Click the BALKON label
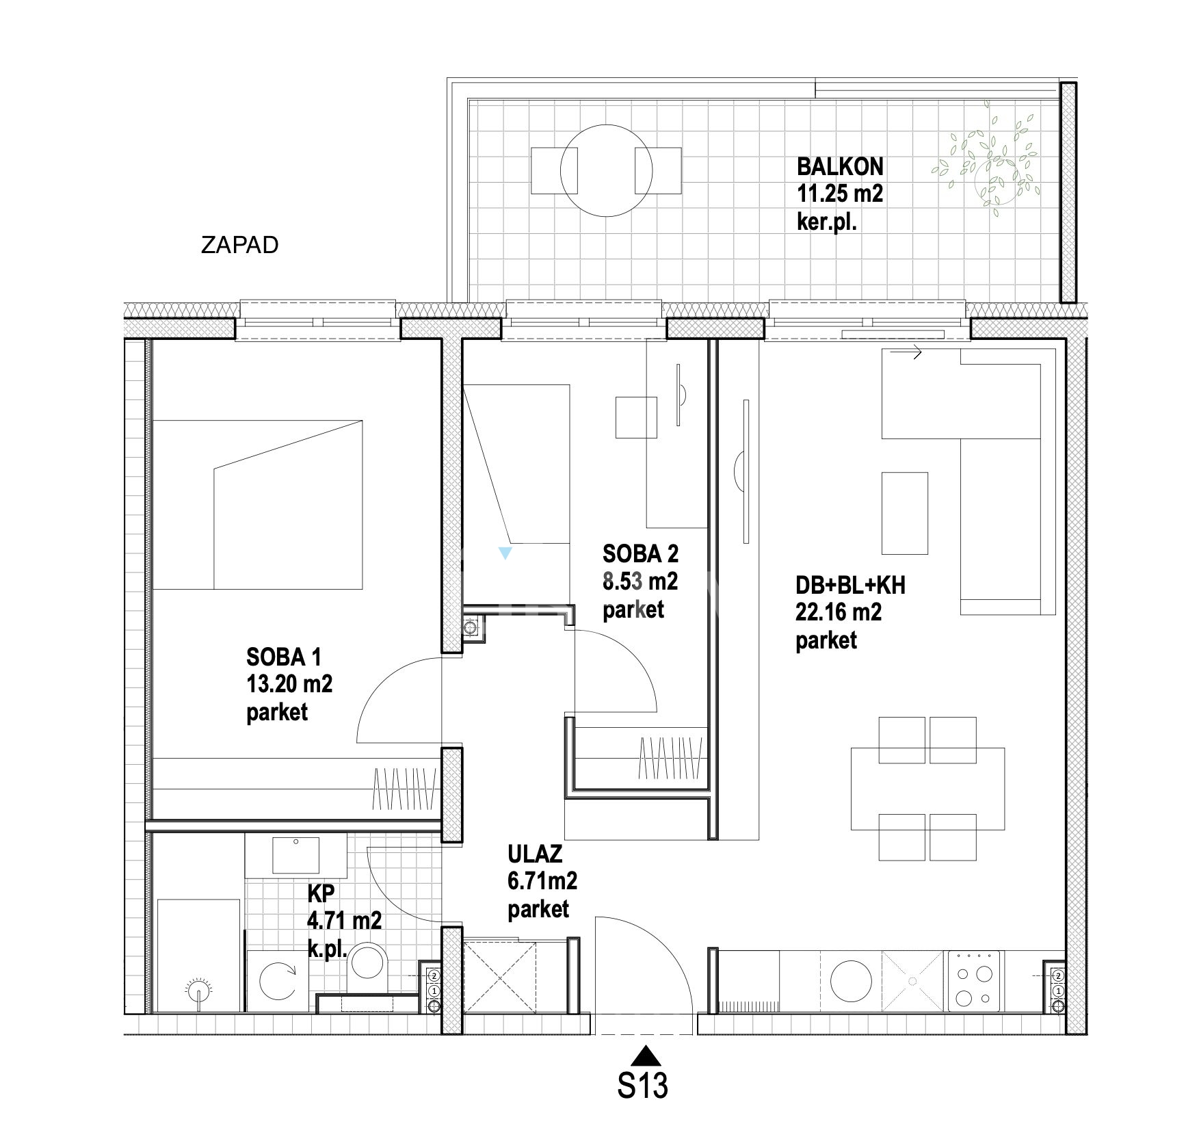pos(840,166)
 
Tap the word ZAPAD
pos(239,245)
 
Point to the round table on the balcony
pos(606,170)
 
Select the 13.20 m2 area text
pos(289,683)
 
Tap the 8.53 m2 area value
pos(640,581)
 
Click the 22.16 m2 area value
pos(838,612)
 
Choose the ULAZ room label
pos(535,854)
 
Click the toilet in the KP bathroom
pos(368,967)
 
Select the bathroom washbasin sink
pos(295,854)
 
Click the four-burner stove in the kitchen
pos(974,981)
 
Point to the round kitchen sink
pos(852,981)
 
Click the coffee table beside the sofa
pos(905,513)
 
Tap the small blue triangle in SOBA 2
pos(505,553)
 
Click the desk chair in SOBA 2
pos(636,417)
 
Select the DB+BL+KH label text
pos(850,586)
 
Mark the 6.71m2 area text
pos(542,881)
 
